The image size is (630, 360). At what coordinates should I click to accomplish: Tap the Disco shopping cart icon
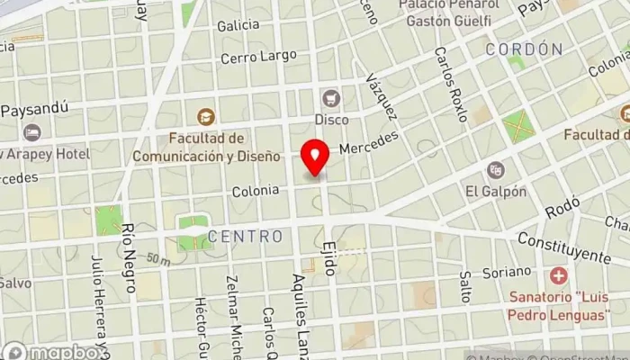pos(332,97)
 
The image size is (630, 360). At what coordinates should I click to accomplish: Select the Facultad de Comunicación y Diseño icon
pos(205,116)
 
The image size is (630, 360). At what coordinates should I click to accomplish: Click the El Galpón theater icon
pos(496,169)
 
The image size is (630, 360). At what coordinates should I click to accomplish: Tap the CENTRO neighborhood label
pos(245,237)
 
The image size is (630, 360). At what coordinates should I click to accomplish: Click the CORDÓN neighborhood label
pos(524,49)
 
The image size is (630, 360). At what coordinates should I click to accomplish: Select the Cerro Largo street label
pos(259,57)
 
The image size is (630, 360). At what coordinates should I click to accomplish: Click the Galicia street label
pos(238,25)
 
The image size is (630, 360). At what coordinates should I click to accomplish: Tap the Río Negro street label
pos(128,257)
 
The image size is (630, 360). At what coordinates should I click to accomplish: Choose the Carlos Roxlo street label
pos(449,85)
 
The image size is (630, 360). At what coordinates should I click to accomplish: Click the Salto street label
pos(464,287)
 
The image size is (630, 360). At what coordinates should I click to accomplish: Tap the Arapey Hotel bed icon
pos(32,132)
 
